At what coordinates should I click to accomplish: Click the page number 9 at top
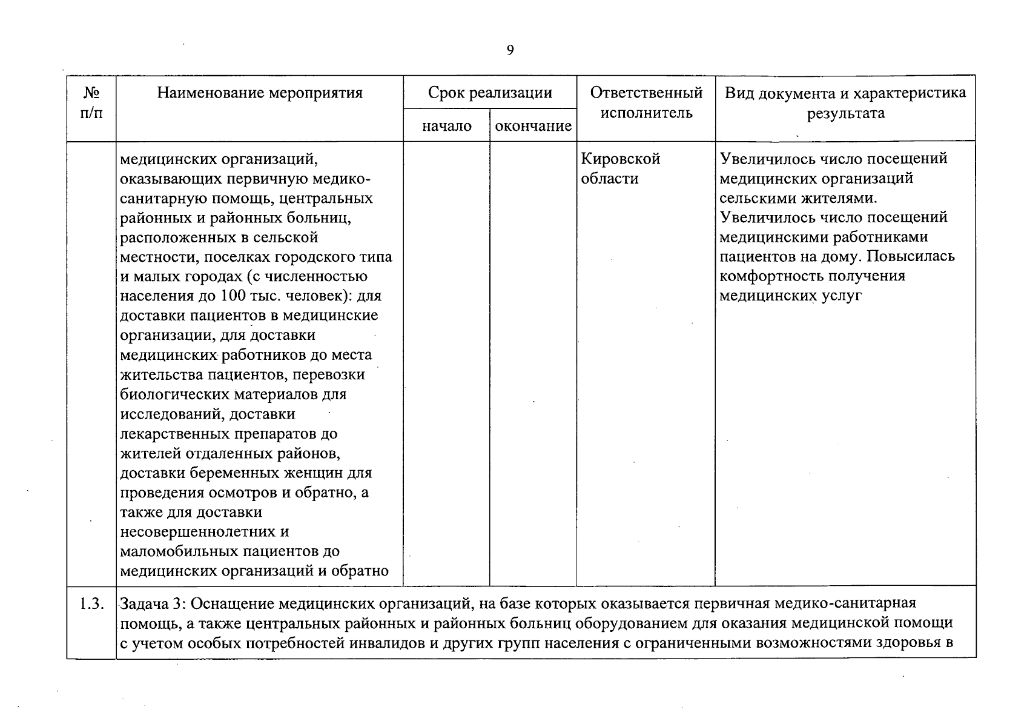click(x=510, y=50)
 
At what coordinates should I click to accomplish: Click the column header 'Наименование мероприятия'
click(x=260, y=93)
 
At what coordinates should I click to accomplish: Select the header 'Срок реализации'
click(x=490, y=93)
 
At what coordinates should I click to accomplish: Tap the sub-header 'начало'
click(x=446, y=126)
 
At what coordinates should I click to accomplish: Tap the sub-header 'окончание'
click(x=533, y=126)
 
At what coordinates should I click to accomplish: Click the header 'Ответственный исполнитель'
click(x=646, y=103)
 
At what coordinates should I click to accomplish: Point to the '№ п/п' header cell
click(x=91, y=103)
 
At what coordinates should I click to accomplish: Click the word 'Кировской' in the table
click(x=620, y=159)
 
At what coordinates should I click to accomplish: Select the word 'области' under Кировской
click(x=609, y=179)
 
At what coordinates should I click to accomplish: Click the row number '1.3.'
click(x=91, y=603)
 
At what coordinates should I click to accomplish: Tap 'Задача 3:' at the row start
click(x=155, y=603)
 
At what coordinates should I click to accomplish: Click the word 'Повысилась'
click(x=910, y=257)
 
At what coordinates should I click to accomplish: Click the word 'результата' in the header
click(x=845, y=113)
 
